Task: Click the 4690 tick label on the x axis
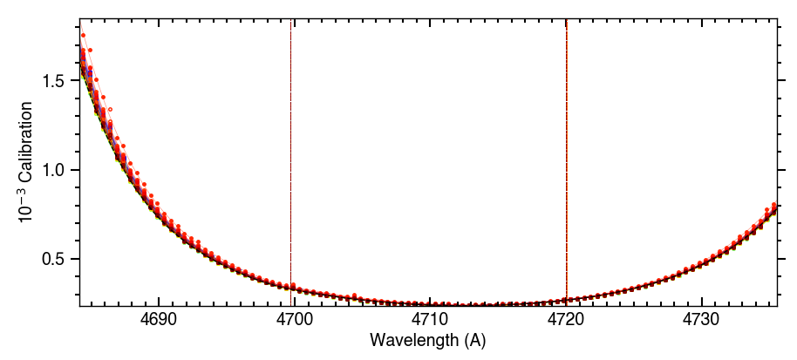[158, 320]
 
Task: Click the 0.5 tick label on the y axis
[58, 259]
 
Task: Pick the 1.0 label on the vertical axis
[58, 170]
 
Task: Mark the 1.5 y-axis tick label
[58, 81]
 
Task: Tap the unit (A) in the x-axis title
[474, 340]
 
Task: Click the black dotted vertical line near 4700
[290, 131]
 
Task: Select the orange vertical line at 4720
[567, 131]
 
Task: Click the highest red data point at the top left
[83, 36]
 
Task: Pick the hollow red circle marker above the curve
[111, 109]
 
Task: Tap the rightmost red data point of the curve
[775, 205]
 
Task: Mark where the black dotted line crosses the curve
[290, 287]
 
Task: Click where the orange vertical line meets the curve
[567, 300]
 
